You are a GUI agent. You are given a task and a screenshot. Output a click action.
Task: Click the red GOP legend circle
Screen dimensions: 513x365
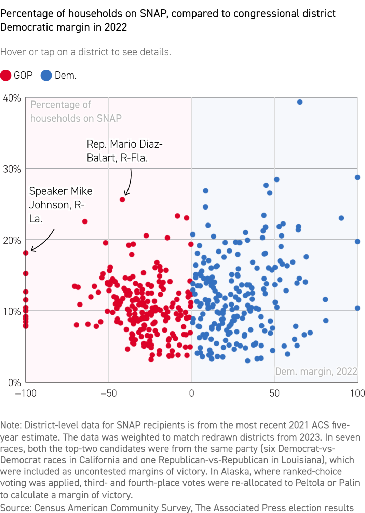point(6,76)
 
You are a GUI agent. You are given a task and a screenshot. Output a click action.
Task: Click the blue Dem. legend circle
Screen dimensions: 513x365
point(46,76)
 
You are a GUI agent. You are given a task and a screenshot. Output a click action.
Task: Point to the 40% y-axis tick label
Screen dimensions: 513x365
point(12,98)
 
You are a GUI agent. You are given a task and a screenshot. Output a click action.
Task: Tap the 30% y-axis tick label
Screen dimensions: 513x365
point(12,169)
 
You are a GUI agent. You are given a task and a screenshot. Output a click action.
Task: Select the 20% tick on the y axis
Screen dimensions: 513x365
point(12,241)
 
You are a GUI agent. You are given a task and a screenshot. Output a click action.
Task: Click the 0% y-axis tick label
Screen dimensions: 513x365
point(14,383)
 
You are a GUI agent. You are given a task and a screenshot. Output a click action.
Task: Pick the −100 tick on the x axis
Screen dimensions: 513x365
point(26,393)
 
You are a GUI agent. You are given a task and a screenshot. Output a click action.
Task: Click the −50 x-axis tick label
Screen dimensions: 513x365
point(108,393)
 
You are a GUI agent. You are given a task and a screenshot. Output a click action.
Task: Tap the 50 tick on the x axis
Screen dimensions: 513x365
point(274,393)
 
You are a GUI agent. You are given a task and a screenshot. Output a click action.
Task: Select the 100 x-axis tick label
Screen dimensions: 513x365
point(357,393)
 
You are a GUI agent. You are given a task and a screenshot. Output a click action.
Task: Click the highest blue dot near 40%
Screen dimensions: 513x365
point(300,102)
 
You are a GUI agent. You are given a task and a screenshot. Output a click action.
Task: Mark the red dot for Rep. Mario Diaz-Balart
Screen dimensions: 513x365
point(122,200)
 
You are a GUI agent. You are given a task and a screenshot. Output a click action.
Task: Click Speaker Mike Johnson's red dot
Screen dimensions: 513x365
point(26,253)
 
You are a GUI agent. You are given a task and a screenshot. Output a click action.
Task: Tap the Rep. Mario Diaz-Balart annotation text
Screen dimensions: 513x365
point(124,151)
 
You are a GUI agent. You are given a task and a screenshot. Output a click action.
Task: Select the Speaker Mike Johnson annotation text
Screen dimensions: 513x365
point(60,204)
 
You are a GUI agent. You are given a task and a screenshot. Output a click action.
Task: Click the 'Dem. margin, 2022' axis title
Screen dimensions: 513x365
point(316,372)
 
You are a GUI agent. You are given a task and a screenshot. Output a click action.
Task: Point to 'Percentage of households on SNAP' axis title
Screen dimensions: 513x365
point(76,111)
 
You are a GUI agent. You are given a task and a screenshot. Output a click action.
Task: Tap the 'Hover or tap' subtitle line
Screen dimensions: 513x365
point(85,52)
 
